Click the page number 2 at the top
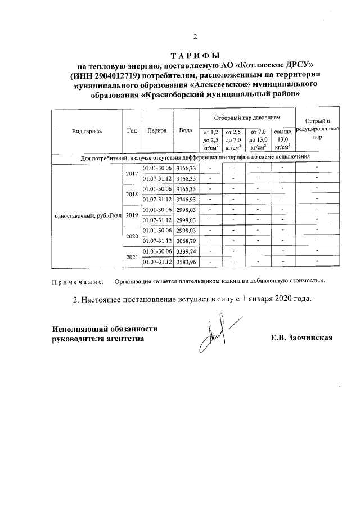[x=195, y=38]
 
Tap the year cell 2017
[x=132, y=173]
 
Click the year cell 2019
[x=132, y=215]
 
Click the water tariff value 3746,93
[x=186, y=199]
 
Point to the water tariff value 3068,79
[x=186, y=241]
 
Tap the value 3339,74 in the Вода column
[x=186, y=251]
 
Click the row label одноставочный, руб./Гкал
[x=87, y=215]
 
